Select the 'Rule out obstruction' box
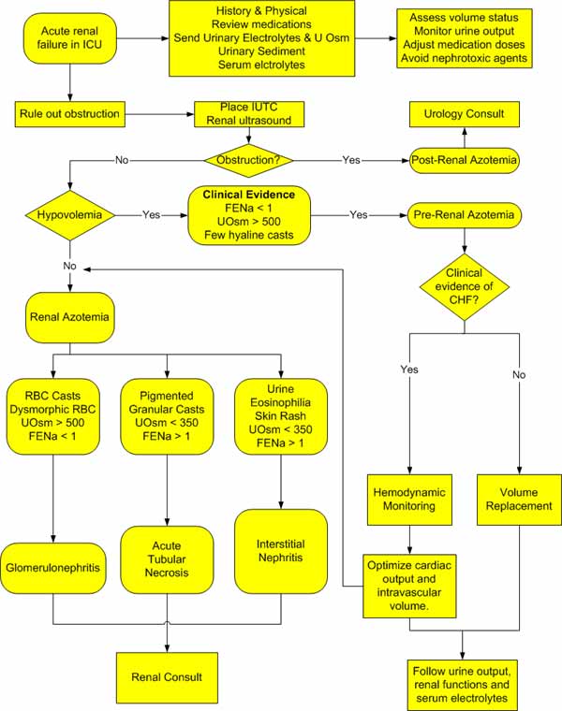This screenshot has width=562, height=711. [69, 114]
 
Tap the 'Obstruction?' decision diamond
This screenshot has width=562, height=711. [247, 160]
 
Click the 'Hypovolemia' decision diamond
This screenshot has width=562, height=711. [69, 214]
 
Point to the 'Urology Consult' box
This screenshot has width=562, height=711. [466, 114]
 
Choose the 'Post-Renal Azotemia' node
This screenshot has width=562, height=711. [466, 160]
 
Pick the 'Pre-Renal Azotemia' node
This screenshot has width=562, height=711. [466, 214]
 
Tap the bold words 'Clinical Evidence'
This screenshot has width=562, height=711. [247, 195]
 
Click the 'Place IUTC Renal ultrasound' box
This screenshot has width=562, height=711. [247, 114]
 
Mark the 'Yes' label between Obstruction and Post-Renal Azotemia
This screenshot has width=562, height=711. [351, 160]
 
